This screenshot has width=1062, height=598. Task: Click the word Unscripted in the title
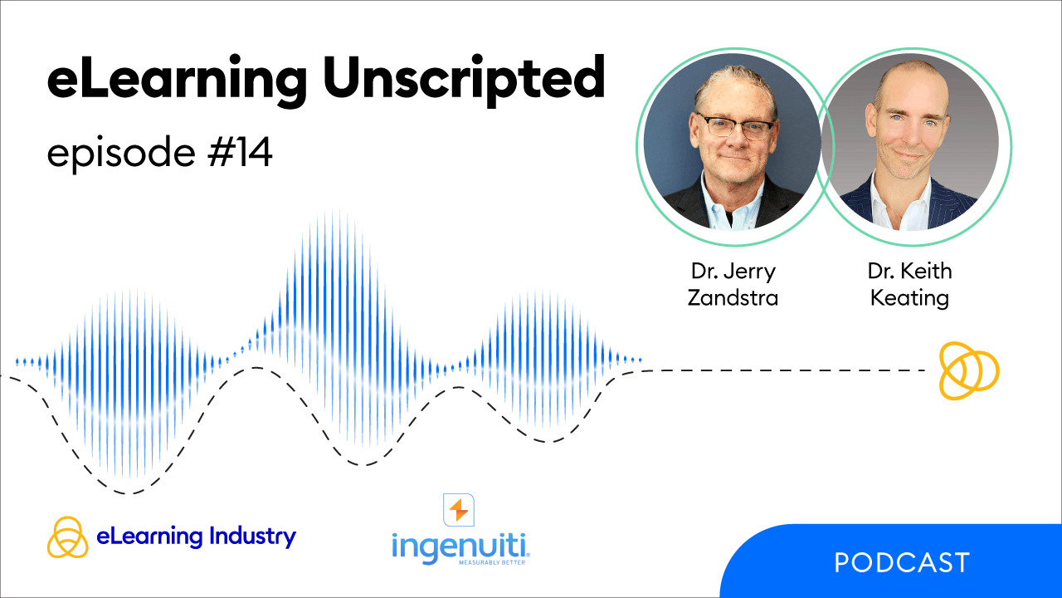coord(464,79)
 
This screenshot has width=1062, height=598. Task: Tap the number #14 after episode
coord(240,152)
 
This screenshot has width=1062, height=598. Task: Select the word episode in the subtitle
coord(121,153)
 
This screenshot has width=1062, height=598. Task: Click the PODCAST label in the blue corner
coord(902,563)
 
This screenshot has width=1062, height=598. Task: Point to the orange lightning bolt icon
coord(459,510)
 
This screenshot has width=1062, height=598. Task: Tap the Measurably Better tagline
coord(492,562)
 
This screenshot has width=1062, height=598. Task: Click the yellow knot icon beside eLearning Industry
coord(67,537)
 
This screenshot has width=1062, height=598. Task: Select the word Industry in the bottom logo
coord(253,537)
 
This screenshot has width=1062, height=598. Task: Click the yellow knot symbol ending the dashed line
coord(969,370)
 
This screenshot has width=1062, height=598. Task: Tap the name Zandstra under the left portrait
coord(733,298)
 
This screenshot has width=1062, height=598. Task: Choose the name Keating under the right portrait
coord(909,298)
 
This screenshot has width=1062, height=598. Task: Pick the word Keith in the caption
coord(926,271)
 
